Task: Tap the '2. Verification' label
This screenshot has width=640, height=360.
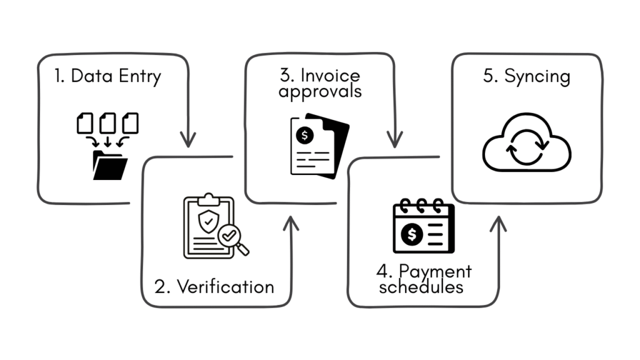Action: click(x=214, y=287)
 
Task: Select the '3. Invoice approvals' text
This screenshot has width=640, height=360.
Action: click(x=320, y=84)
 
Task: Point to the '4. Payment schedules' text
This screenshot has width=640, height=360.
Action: click(x=424, y=279)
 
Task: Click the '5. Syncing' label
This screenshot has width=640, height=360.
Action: click(x=527, y=77)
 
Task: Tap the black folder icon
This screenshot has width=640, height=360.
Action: click(x=110, y=165)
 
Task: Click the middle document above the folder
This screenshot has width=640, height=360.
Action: click(x=108, y=122)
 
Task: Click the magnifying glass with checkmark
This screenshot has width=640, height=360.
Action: click(x=232, y=239)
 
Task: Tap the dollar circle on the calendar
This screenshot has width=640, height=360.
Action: click(x=412, y=235)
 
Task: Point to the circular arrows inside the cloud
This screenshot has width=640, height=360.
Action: click(x=527, y=147)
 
